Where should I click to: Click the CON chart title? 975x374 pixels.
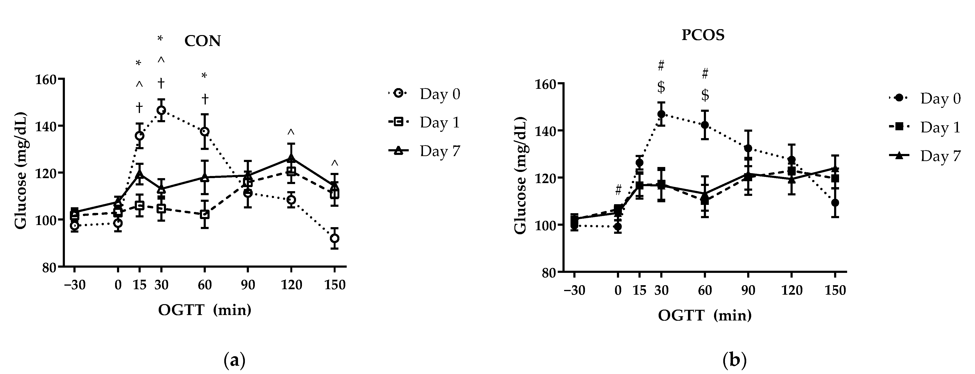click(202, 41)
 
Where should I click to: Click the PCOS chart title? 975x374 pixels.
click(703, 35)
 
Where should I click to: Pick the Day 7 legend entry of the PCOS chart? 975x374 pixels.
click(925, 156)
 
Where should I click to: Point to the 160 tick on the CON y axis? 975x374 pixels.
click(45, 80)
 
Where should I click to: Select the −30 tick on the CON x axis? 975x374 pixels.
click(75, 285)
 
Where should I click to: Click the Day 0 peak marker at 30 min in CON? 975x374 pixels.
click(161, 110)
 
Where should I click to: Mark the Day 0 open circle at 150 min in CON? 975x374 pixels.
click(334, 238)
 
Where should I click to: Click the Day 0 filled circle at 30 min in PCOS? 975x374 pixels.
click(661, 114)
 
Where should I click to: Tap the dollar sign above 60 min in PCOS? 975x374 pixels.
click(705, 95)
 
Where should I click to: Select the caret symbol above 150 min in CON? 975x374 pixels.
click(334, 163)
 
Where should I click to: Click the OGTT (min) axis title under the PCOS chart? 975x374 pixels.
click(704, 315)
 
